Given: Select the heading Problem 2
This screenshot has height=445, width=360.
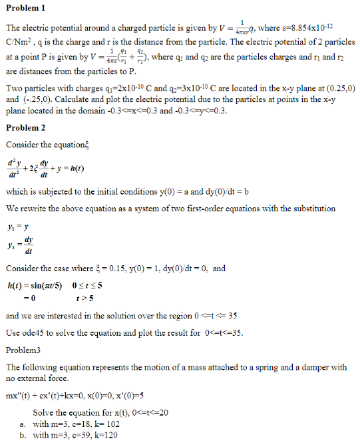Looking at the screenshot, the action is point(26,127).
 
